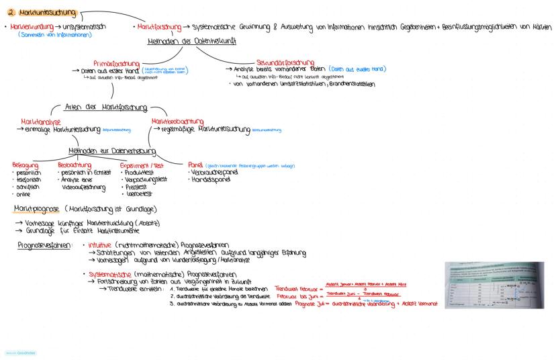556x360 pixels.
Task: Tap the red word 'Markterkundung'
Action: [26, 27]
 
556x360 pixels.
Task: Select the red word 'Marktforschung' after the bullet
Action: [159, 28]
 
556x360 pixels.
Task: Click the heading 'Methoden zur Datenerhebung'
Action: [103, 150]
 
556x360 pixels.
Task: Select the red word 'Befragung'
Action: [26, 165]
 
